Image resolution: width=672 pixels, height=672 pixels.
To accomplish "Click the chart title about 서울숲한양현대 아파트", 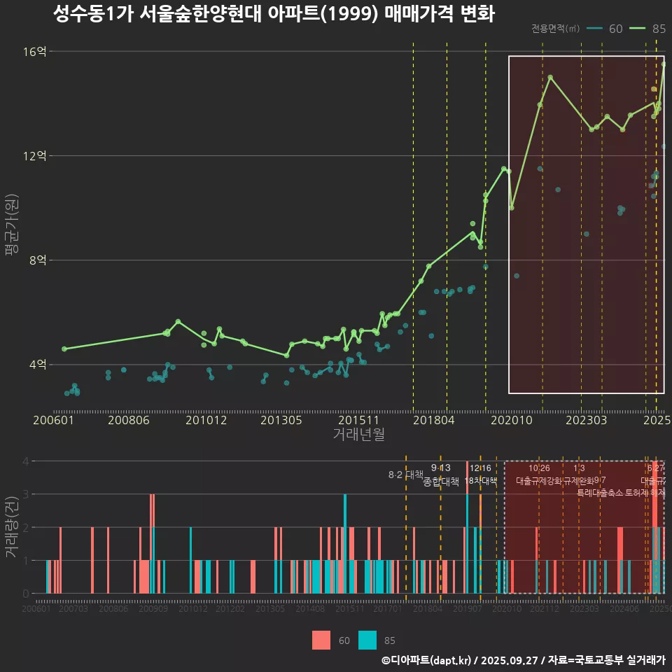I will [274, 14].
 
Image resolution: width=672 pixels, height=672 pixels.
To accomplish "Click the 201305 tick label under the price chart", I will [281, 420].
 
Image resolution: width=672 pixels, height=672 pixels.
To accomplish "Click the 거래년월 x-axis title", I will [358, 435].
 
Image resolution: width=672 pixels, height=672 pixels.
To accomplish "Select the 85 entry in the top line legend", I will [647, 29].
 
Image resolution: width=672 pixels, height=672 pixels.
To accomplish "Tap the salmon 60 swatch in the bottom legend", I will [321, 640].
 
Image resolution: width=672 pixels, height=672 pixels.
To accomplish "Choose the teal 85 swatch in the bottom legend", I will [367, 640].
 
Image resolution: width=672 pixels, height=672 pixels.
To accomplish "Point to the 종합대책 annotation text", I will [441, 482].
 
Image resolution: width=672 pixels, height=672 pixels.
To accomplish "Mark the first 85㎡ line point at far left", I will [64, 349].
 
